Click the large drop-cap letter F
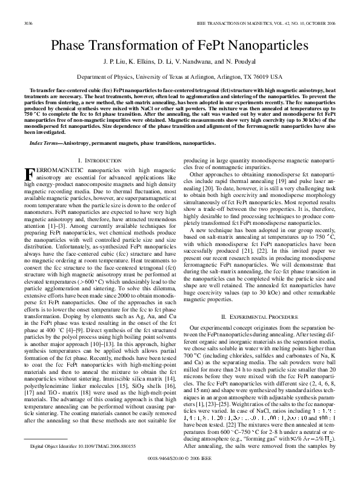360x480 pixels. point(29,175)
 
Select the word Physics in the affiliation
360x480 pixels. point(133,78)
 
